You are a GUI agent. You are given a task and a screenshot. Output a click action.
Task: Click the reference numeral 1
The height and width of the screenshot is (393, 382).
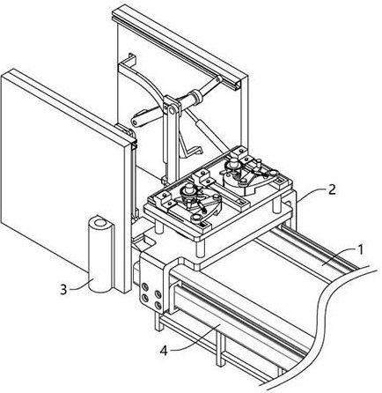point(360,250)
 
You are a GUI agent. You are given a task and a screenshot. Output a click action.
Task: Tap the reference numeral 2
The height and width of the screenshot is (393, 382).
point(332,189)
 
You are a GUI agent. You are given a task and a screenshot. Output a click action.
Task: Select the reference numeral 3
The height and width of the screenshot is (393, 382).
point(63,290)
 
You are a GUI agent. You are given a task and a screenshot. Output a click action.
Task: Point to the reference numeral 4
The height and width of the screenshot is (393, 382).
point(164,351)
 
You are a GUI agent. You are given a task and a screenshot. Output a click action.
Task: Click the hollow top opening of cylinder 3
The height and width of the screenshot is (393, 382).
point(100,223)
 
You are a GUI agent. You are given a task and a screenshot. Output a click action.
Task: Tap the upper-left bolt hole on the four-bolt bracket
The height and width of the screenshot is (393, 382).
point(144,287)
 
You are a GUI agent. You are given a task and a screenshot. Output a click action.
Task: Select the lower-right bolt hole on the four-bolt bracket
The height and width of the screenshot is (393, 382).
point(158,306)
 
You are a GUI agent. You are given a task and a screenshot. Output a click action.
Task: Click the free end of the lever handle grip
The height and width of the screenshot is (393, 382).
point(135,122)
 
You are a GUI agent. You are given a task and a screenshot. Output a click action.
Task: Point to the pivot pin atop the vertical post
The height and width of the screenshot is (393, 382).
point(171,111)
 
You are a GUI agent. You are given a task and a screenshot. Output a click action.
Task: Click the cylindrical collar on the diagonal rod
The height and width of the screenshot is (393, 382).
point(195,97)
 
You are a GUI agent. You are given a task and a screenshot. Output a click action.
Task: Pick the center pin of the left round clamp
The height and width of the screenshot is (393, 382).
point(188,189)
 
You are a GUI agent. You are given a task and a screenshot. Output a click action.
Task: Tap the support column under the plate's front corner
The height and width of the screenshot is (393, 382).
point(200,248)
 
